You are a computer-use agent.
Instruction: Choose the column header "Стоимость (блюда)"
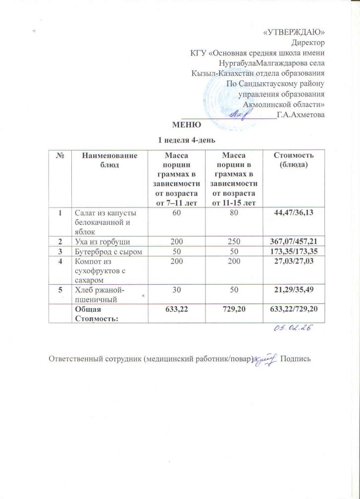[x=290, y=159]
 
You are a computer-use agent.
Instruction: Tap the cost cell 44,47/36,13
[x=290, y=212]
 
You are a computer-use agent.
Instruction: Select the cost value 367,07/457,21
[x=290, y=241]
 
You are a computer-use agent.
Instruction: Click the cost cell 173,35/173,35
[x=290, y=252]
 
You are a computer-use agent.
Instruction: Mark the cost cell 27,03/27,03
[x=290, y=262]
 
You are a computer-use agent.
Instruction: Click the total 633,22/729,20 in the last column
[x=290, y=309]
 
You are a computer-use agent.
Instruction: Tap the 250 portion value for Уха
[x=233, y=241]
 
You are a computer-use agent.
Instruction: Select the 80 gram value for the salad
[x=233, y=212]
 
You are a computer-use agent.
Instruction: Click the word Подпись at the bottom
[x=296, y=358]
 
